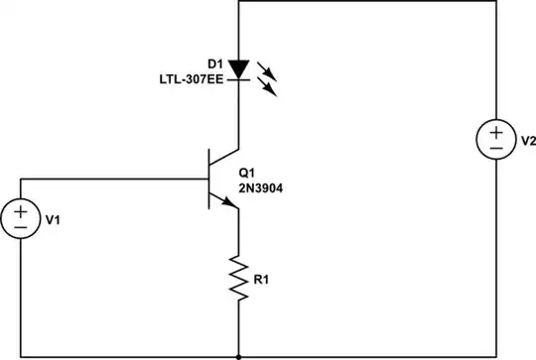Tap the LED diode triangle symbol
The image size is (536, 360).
point(239,68)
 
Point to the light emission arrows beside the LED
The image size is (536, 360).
point(268,78)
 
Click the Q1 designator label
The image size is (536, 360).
point(249,171)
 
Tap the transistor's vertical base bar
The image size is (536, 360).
point(208,179)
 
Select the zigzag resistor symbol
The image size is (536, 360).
point(239,278)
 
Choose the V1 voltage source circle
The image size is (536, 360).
point(21,218)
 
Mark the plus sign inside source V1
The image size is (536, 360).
point(21,210)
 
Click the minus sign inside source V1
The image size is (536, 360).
point(21,227)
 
